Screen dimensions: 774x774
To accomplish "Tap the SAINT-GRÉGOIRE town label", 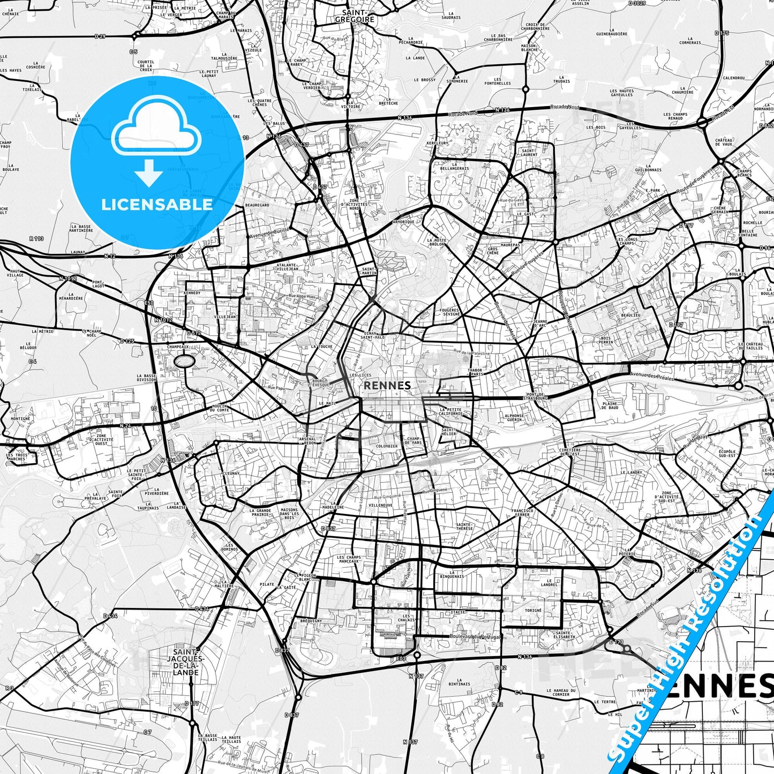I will tap(355, 16).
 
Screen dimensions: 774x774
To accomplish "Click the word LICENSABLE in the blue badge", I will tap(157, 204).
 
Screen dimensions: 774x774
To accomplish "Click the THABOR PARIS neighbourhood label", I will tap(475, 372).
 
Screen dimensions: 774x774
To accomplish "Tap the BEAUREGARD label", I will tap(257, 205).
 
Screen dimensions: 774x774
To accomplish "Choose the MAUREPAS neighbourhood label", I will tap(510, 245).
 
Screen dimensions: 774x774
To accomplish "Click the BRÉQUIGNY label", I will tap(311, 621).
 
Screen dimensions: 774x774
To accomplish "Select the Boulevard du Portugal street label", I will tap(476, 637).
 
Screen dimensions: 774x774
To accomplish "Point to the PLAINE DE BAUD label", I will tap(610, 405).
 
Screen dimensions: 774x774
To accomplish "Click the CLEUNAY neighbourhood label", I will tap(231, 474).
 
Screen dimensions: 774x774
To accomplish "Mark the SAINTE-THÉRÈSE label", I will tap(464, 526).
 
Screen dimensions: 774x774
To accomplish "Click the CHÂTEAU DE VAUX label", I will tap(724, 141).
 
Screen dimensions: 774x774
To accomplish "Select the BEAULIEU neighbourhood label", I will tap(630, 315).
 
